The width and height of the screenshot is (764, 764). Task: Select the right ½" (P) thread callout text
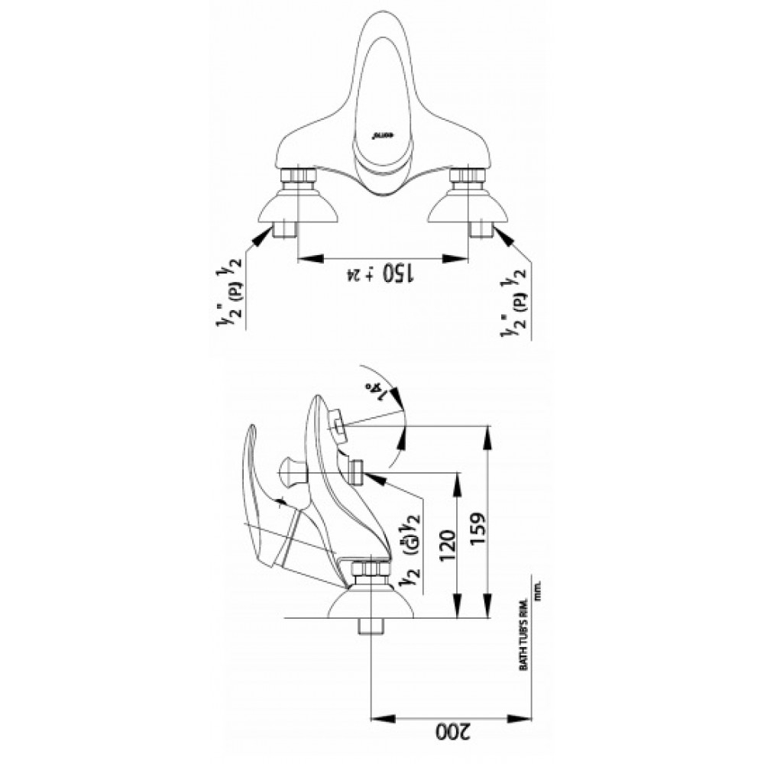(x=512, y=301)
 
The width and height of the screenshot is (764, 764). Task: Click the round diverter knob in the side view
(x=292, y=469)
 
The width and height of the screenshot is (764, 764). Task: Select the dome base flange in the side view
(x=370, y=604)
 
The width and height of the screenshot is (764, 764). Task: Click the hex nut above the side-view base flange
(x=370, y=571)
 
